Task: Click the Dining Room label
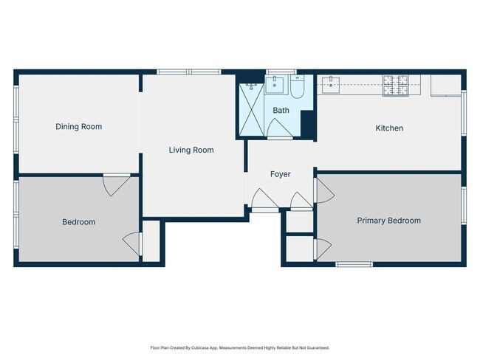coord(79,127)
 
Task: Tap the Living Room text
coord(191,150)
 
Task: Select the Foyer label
coord(280,175)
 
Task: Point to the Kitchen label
coord(389,128)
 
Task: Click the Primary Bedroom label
coord(388,221)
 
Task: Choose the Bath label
coord(281,111)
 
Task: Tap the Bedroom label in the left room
coord(78,222)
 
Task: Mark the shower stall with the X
coord(252,109)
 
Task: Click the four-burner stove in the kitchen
coord(395,85)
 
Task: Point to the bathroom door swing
coord(280,131)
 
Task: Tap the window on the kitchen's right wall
coord(464,113)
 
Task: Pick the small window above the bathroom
coord(281,72)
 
